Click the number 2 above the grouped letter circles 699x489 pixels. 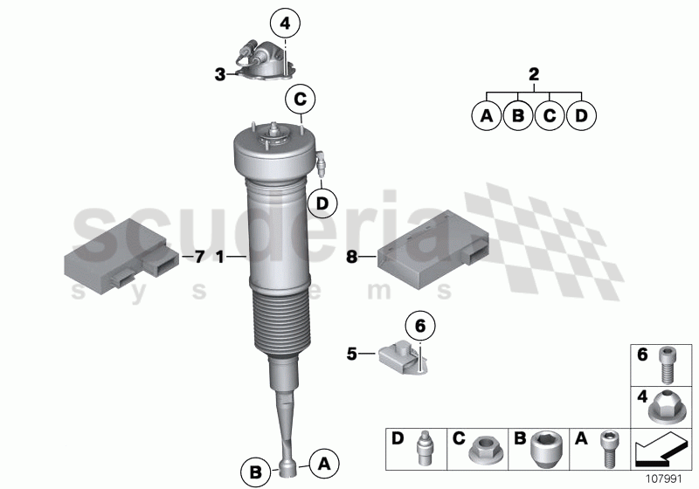534,74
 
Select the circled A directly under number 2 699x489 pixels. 486,115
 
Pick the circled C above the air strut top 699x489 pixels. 300,100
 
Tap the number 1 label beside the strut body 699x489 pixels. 220,257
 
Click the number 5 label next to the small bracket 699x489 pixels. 351,354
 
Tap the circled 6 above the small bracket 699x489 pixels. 419,326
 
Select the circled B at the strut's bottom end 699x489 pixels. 256,472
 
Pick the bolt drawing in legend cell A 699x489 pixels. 605,450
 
